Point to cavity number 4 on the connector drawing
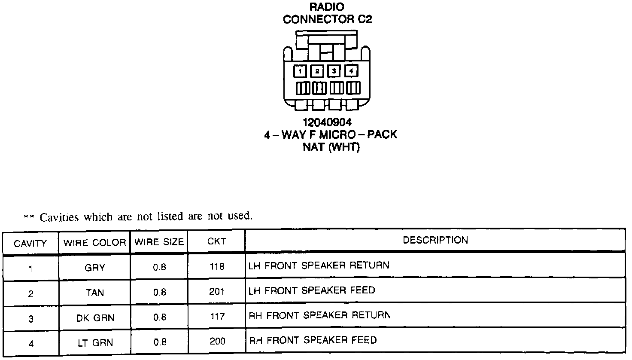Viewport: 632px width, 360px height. (x=351, y=70)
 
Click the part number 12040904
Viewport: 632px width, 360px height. (x=327, y=123)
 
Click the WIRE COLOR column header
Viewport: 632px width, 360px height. (x=94, y=243)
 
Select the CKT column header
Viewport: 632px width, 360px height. (x=216, y=241)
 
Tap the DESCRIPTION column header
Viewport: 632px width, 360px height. (x=435, y=240)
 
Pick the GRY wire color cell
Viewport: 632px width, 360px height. (x=94, y=268)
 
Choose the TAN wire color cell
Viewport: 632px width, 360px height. (x=94, y=293)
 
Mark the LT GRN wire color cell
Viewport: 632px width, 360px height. (x=95, y=343)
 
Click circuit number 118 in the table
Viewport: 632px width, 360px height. (x=217, y=267)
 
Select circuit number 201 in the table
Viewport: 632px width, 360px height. (x=217, y=292)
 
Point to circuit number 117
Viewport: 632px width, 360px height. (x=217, y=317)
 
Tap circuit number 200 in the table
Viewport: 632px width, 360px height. (x=217, y=342)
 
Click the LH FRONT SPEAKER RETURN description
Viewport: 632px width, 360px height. (x=319, y=265)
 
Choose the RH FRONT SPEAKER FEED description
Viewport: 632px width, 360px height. (x=313, y=340)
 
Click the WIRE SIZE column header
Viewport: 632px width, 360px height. (x=159, y=242)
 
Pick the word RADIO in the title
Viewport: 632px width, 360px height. (x=327, y=7)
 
